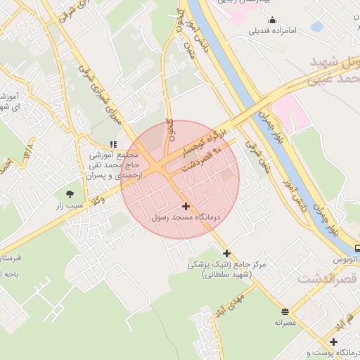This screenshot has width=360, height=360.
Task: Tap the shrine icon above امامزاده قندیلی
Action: tap(273, 20)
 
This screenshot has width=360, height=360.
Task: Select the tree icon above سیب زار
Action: tap(70, 193)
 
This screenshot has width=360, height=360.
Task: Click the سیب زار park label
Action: tap(70, 206)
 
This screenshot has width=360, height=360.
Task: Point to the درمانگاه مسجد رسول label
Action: tap(186, 218)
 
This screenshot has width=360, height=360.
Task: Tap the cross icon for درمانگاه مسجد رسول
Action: tap(186, 206)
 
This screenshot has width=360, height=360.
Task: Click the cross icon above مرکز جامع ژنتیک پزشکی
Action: tap(226, 253)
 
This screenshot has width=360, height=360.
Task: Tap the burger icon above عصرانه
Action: tap(285, 311)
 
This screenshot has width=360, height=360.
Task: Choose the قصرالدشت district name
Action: tap(328, 279)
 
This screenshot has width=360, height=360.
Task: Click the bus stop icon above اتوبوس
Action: tap(358, 247)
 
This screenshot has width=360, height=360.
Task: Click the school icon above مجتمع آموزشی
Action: tap(114, 144)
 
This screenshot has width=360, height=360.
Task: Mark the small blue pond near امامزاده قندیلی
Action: tap(317, 27)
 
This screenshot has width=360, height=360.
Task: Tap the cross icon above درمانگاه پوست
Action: tap(333, 342)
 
